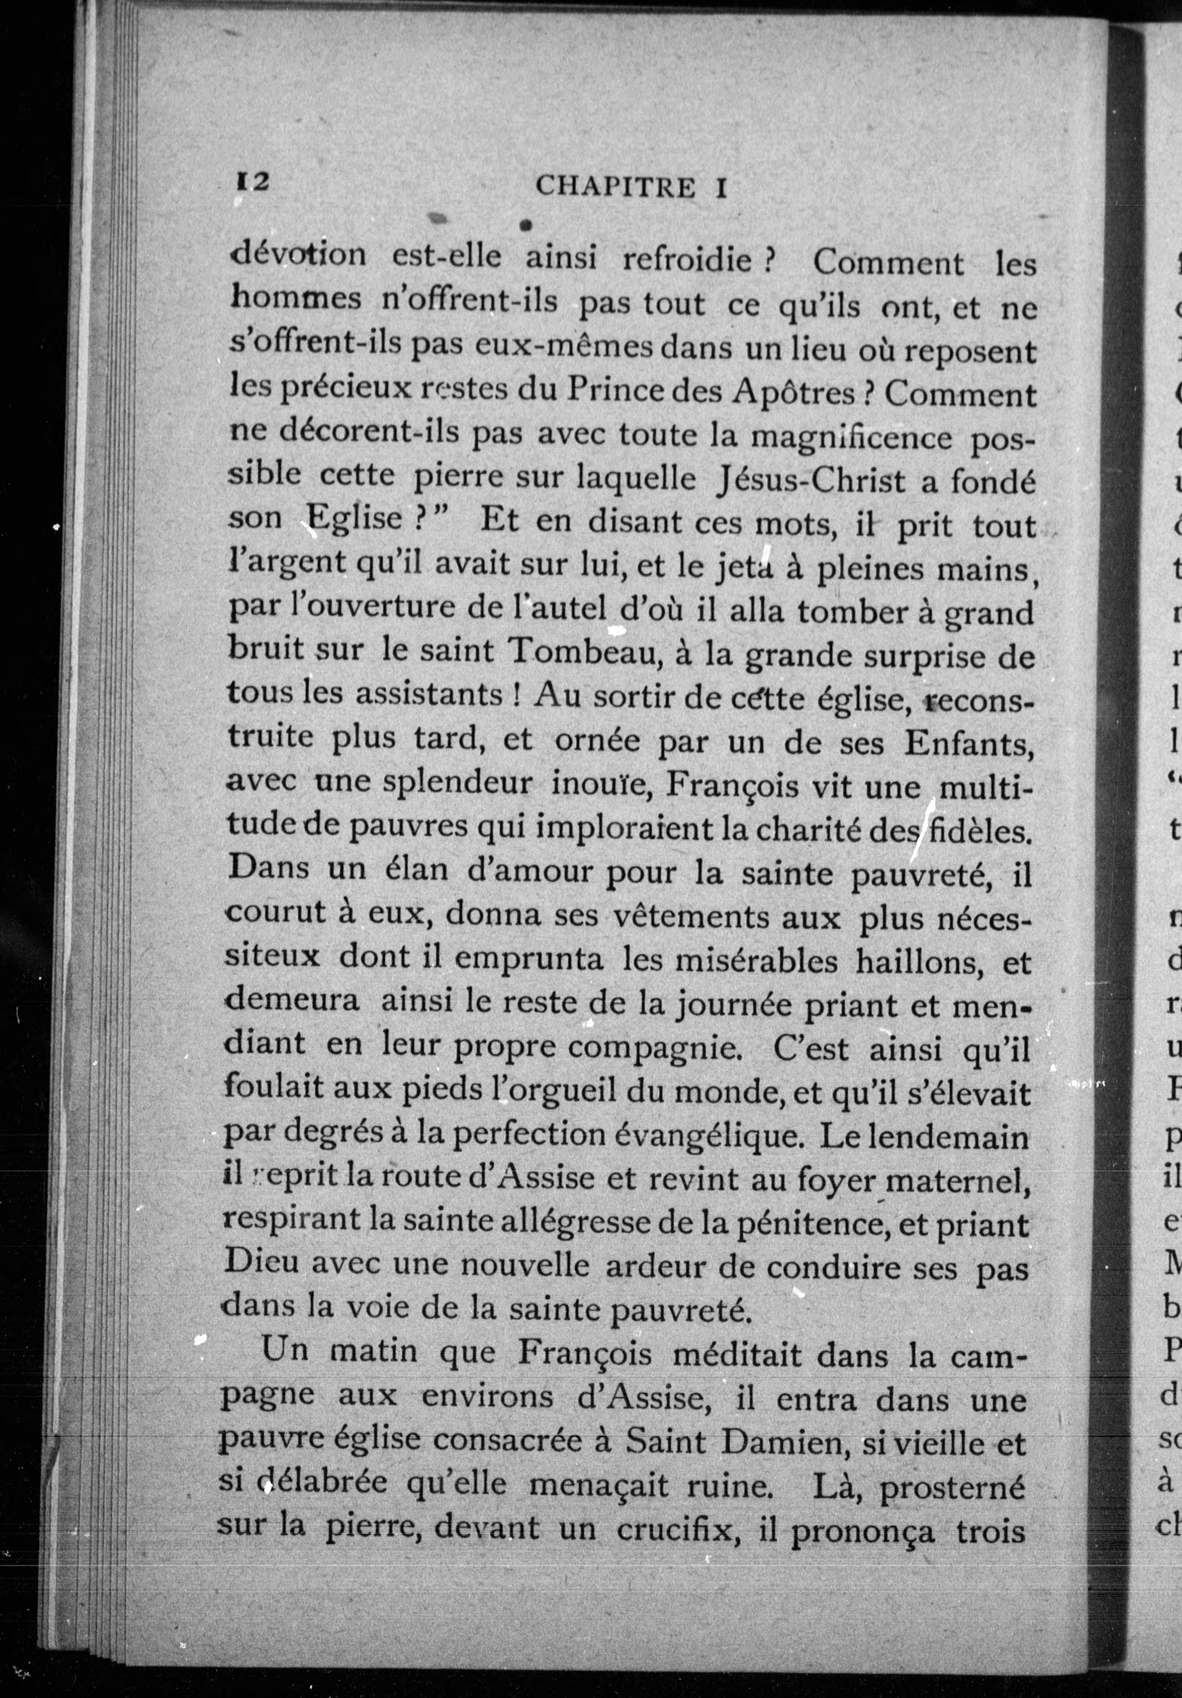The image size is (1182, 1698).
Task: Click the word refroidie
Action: pos(688,260)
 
